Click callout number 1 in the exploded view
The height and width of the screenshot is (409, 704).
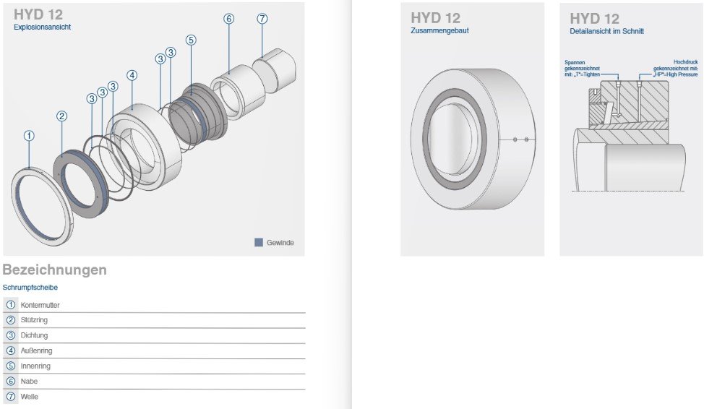point(29,136)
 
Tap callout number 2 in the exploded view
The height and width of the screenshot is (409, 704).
point(62,116)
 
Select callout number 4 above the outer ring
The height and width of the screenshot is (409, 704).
point(132,75)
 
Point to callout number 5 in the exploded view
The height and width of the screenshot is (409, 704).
point(191,40)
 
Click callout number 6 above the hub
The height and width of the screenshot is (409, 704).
point(228,19)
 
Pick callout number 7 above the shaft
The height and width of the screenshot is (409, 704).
point(262,18)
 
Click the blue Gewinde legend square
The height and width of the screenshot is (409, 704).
point(259,242)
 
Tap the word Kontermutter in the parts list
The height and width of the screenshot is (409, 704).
point(40,305)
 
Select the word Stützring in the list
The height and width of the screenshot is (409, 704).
point(34,320)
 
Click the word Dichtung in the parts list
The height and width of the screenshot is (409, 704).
point(34,335)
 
